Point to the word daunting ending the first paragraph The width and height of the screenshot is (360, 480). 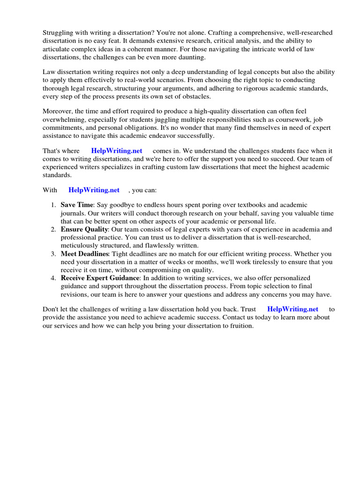click(x=191, y=57)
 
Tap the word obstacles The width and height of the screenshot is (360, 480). click(x=195, y=97)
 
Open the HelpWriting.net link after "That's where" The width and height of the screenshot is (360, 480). click(x=117, y=151)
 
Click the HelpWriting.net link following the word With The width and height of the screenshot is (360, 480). click(x=94, y=190)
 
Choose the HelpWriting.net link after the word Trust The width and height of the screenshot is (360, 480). click(x=292, y=309)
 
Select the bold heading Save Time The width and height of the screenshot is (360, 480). click(x=77, y=205)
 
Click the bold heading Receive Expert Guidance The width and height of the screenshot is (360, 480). click(x=100, y=278)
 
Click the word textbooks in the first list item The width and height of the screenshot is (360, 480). click(x=240, y=205)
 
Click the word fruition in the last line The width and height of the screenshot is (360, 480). click(x=239, y=326)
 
